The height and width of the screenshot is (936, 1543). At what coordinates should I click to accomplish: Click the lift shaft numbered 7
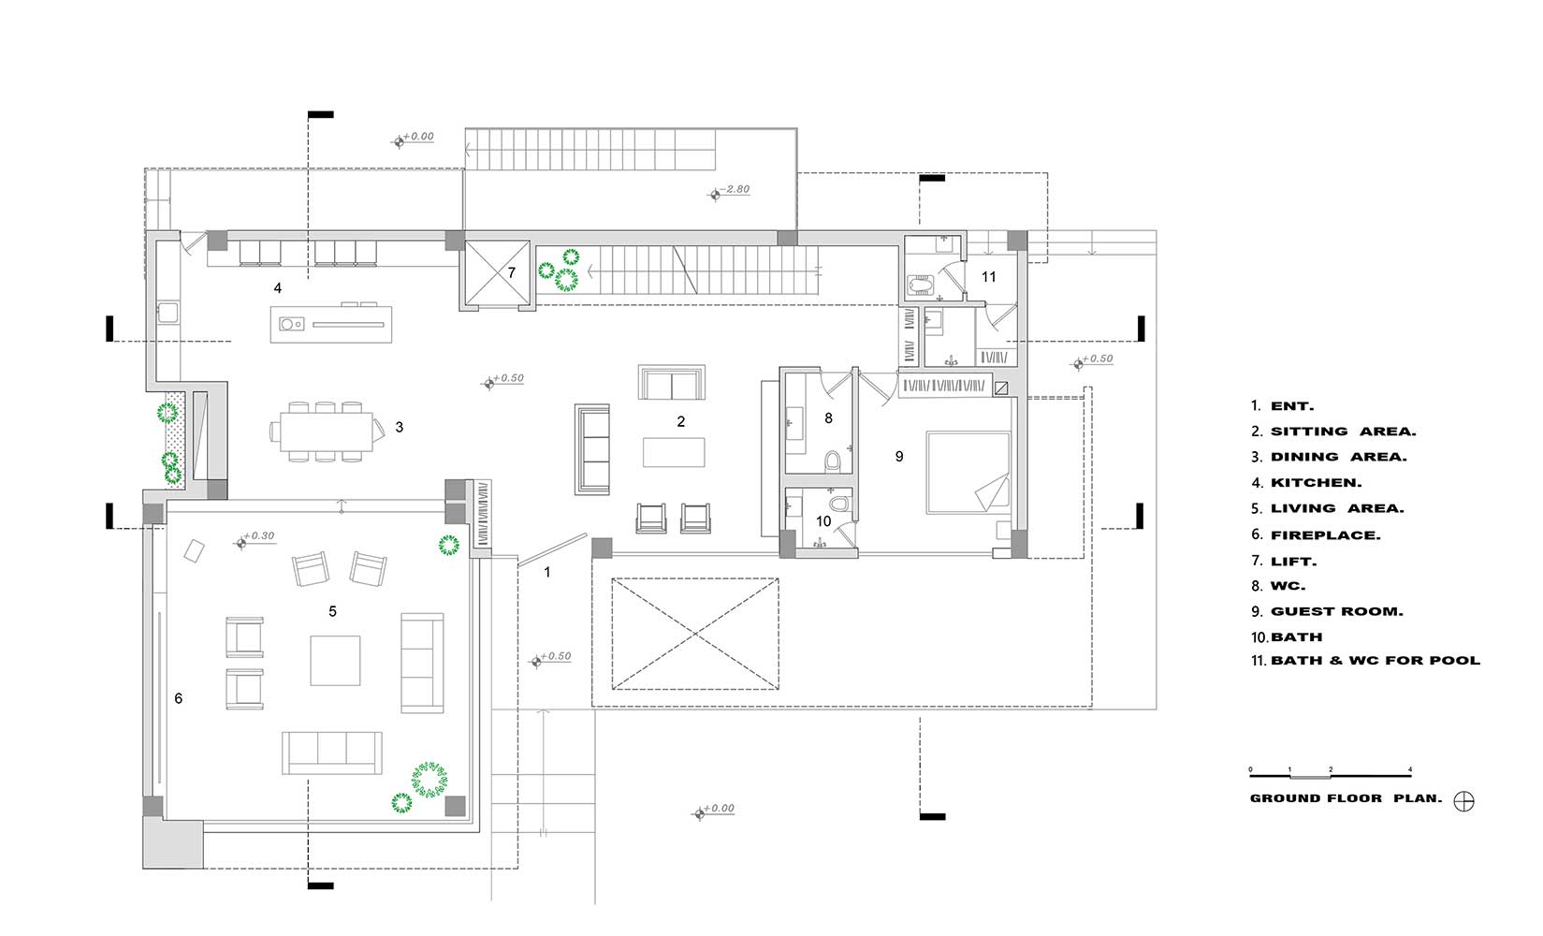(498, 273)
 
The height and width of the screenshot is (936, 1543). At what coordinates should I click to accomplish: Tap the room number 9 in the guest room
(899, 456)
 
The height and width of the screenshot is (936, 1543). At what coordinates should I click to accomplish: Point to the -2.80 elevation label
(735, 189)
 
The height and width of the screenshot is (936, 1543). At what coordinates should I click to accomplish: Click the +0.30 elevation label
(259, 535)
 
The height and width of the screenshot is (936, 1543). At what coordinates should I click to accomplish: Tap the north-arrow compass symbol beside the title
(1463, 801)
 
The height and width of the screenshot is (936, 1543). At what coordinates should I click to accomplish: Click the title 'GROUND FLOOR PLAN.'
(1346, 798)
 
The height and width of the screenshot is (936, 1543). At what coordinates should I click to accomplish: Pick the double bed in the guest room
(968, 473)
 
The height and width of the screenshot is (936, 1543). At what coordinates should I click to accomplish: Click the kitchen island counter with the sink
(330, 325)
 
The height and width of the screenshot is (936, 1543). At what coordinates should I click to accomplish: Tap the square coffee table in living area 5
(335, 660)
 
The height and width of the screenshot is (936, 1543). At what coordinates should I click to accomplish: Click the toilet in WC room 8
(833, 461)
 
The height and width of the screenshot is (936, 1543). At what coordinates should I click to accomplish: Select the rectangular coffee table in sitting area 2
(674, 452)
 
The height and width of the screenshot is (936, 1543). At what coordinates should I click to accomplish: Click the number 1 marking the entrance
(547, 572)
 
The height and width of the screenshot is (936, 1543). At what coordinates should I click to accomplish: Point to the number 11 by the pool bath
(988, 277)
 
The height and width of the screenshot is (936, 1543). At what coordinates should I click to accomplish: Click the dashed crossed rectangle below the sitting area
(695, 634)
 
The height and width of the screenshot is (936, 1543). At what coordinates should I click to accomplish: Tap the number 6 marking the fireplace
(179, 699)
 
